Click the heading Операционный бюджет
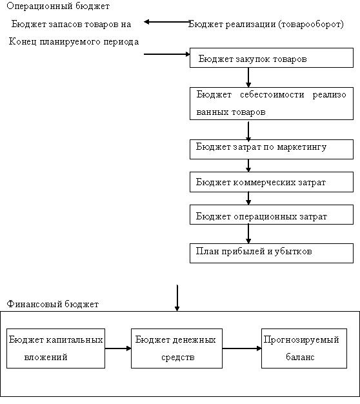point(58,6)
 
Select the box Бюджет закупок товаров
point(272,57)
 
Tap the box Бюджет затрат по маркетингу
point(272,149)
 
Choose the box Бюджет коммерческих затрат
point(272,182)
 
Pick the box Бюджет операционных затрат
point(272,214)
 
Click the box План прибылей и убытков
point(272,253)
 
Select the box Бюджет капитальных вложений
point(55,348)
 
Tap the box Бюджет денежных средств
point(177,348)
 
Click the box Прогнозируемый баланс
point(304,348)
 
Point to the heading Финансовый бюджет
point(52,304)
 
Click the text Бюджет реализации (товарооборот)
point(266,25)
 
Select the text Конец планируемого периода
point(74,41)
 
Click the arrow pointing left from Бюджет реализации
point(167,22)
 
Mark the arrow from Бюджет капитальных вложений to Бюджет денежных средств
point(118,348)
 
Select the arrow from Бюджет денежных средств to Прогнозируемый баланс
point(242,348)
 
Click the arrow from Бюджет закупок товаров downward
point(248,77)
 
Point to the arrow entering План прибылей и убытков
point(248,234)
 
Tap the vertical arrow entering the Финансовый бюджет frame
point(177,298)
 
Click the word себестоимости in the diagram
point(272,95)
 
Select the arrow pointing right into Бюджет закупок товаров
point(167,54)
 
